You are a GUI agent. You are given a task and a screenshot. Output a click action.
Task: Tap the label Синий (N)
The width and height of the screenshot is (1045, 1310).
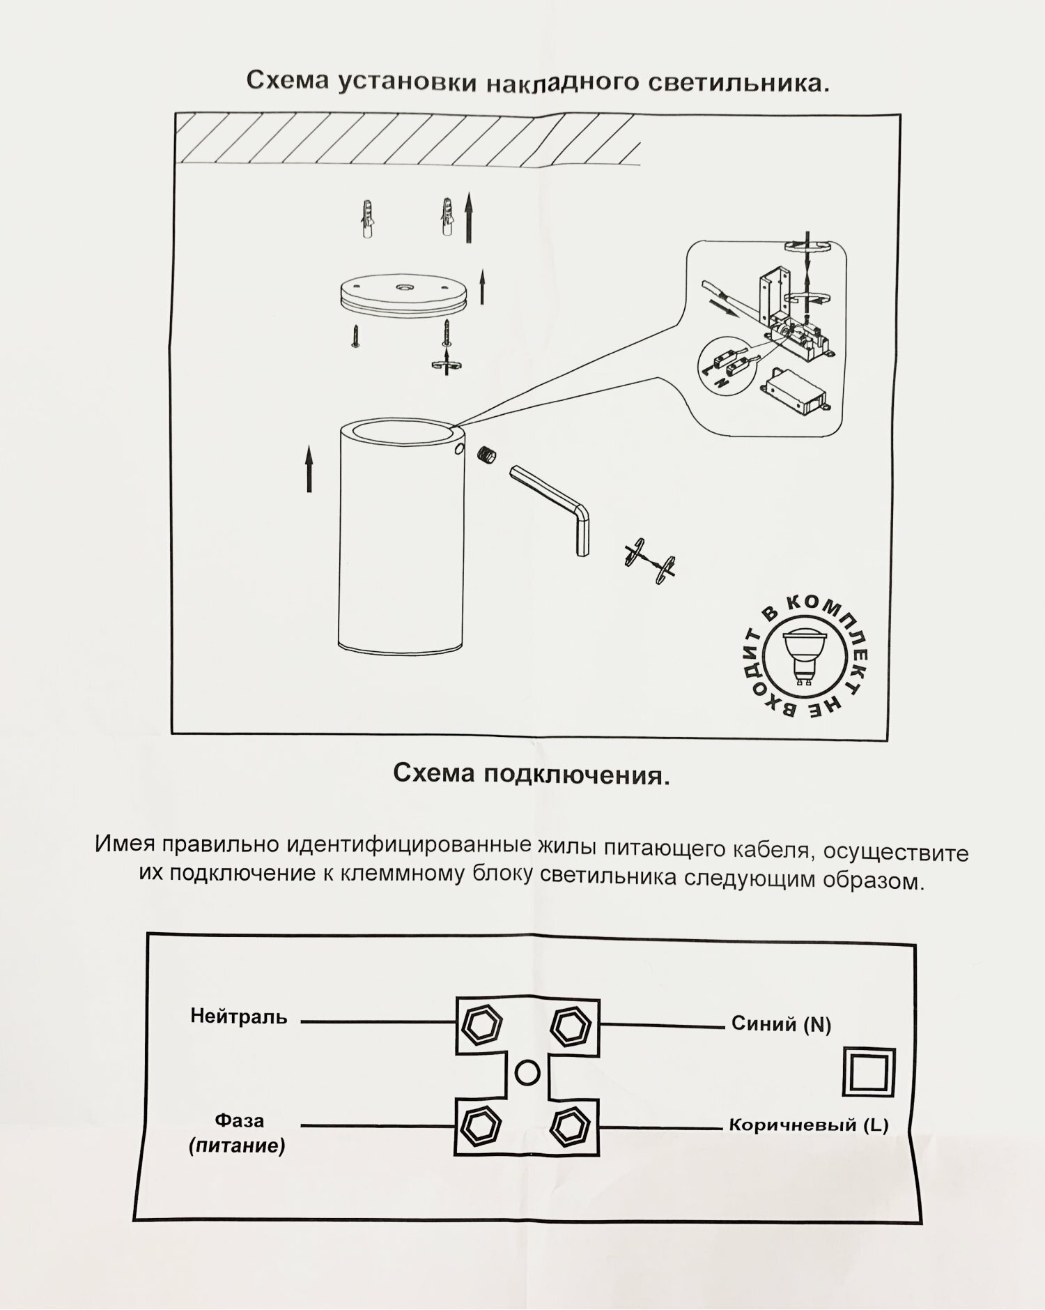point(781,1023)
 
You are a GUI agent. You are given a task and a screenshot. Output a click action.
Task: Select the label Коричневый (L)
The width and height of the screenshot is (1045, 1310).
point(808,1125)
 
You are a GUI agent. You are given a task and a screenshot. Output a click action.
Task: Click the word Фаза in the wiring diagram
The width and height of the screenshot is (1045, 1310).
point(239,1120)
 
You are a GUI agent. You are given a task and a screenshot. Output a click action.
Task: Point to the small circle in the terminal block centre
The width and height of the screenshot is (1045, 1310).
point(527,1072)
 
